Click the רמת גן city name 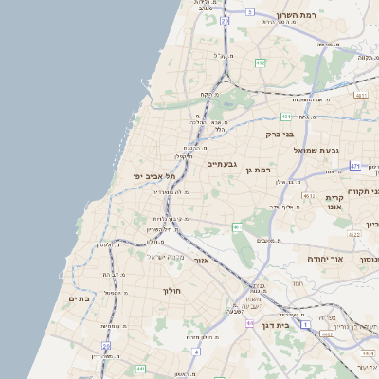point(258,169)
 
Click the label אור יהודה point(323,258)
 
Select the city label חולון point(171,290)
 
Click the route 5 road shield point(249,11)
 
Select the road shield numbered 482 point(260,63)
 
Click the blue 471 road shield point(354,166)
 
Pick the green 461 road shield point(238,227)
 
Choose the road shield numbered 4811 point(359,95)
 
